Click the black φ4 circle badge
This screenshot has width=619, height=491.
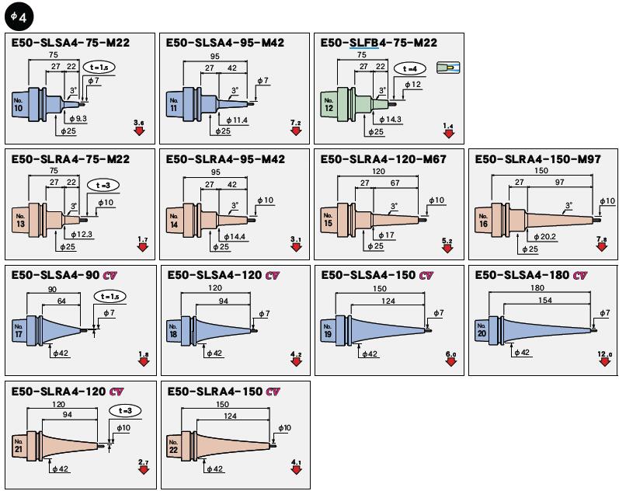(x=19, y=17)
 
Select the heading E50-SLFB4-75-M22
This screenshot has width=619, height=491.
(x=378, y=43)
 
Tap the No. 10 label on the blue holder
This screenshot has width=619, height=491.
(x=18, y=105)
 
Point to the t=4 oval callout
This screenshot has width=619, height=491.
(x=410, y=68)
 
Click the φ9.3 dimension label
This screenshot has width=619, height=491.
(x=78, y=119)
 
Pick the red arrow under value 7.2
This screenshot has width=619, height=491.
(x=296, y=131)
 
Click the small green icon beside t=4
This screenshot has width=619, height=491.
(x=448, y=68)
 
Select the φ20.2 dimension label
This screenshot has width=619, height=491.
(x=544, y=237)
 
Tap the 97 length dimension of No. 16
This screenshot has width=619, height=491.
(x=559, y=182)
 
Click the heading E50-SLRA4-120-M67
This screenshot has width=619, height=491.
(x=383, y=159)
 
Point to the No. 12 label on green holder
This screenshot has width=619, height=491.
(x=329, y=105)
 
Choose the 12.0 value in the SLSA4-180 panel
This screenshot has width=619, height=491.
(x=604, y=354)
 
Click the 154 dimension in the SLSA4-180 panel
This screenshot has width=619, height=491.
(x=544, y=300)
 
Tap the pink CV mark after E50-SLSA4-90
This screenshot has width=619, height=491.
(x=110, y=275)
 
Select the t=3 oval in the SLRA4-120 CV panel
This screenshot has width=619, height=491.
(x=125, y=411)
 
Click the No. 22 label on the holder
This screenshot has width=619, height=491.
(x=173, y=447)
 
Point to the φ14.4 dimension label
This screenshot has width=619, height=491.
(x=235, y=237)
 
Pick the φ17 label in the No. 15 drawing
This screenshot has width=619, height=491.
(x=386, y=235)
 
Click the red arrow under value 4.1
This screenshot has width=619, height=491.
(x=296, y=470)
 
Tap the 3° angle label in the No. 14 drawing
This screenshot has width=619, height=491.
(x=235, y=206)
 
